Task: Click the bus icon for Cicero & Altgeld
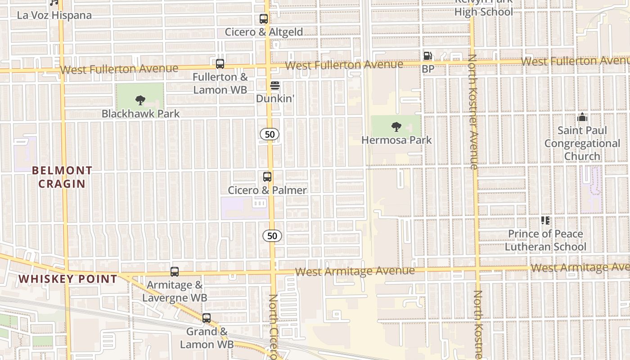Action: pos(264,19)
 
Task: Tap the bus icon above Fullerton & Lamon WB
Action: pos(220,64)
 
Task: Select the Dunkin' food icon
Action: pos(274,85)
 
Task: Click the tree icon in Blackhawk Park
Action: pos(140,100)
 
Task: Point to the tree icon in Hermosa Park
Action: pos(396,127)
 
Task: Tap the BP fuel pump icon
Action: pos(427,56)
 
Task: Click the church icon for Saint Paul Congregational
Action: pos(582,117)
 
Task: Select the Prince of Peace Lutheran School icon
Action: pos(545,220)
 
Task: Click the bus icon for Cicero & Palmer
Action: pos(267,177)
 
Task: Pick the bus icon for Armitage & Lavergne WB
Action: pos(175,272)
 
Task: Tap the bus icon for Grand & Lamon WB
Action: pos(207,318)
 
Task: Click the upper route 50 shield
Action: pos(270,134)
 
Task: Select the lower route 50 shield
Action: pos(272,235)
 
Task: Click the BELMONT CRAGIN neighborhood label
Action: pos(62,177)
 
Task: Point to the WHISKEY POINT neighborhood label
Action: pos(68,279)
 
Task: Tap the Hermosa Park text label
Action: pos(396,140)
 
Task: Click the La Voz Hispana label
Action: pos(54,15)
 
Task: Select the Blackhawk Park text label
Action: pos(140,113)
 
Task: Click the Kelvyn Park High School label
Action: pos(483,9)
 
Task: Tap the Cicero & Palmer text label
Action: pos(267,190)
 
